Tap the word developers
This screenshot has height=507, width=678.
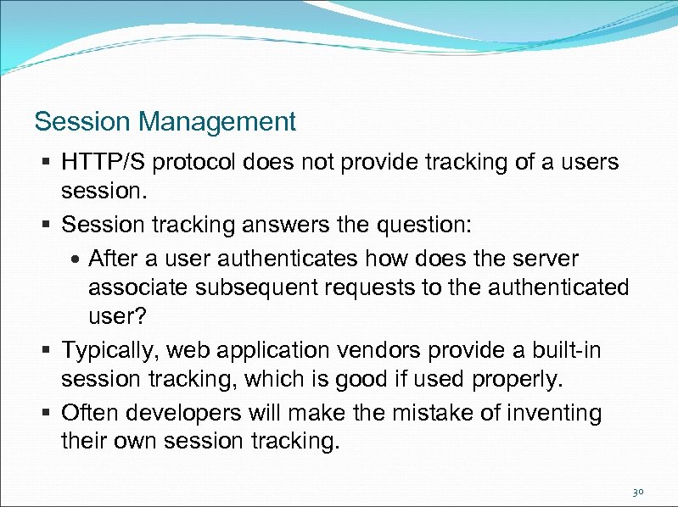180,413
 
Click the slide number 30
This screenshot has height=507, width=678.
638,491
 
